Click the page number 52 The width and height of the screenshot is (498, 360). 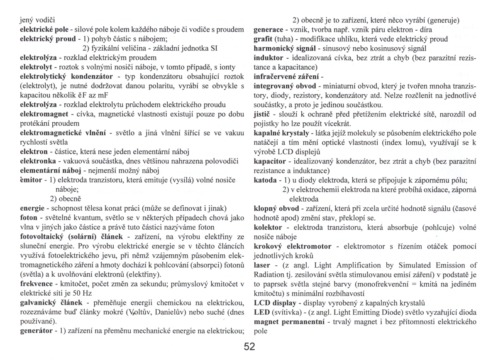coord(249,347)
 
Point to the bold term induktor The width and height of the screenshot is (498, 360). coord(268,58)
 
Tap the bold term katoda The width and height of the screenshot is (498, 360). coord(265,182)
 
